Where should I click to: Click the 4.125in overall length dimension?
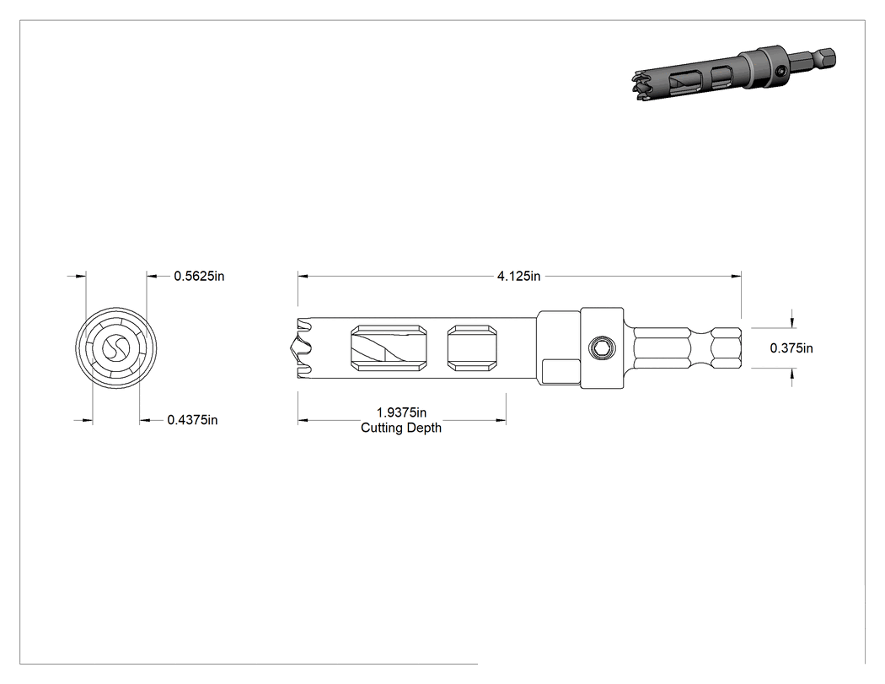coord(518,276)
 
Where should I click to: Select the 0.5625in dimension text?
coord(199,276)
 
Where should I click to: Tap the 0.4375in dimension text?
coord(192,420)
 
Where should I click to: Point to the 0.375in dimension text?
coord(791,348)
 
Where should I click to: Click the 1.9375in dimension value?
coord(401,413)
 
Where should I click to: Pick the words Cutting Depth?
coord(401,428)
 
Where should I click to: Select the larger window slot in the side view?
coord(389,348)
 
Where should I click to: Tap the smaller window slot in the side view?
coord(472,348)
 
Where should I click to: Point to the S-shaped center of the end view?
coord(116,348)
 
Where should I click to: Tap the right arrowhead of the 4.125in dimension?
coord(736,276)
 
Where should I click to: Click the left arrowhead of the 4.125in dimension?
coord(303,276)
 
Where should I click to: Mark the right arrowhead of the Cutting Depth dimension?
coord(501,420)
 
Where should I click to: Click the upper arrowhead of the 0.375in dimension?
coord(792,322)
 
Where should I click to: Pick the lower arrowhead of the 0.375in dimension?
coord(792,374)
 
